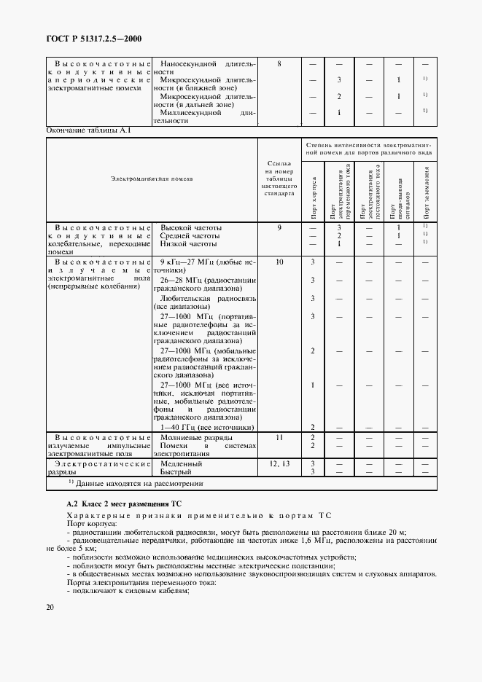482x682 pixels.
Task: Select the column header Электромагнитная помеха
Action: [x=152, y=179]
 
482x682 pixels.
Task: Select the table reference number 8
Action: [x=279, y=64]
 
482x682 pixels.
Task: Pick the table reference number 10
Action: [x=279, y=261]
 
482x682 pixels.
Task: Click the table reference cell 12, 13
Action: [x=279, y=463]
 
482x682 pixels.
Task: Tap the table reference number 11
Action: [x=279, y=437]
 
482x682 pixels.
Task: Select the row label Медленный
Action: [x=182, y=463]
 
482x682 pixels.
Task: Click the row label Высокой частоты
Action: [x=191, y=228]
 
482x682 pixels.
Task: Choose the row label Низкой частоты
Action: [x=189, y=244]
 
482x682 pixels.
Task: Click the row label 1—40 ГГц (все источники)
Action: [x=206, y=427]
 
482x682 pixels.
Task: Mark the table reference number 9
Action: [x=279, y=228]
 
